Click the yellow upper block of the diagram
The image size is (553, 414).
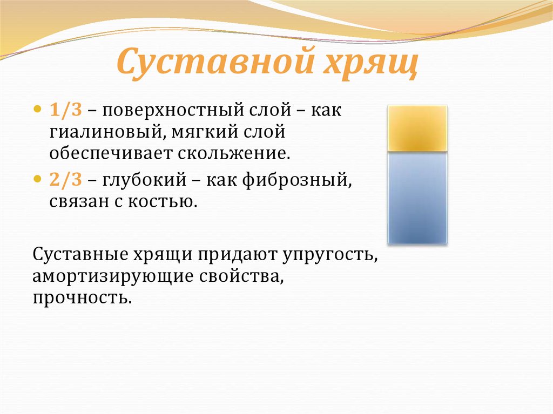(417, 128)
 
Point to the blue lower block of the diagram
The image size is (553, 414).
(417, 198)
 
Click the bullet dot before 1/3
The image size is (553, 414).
(37, 108)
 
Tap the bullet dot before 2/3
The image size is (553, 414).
(37, 178)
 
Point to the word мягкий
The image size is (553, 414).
(207, 132)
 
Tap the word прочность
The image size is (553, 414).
(82, 297)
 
